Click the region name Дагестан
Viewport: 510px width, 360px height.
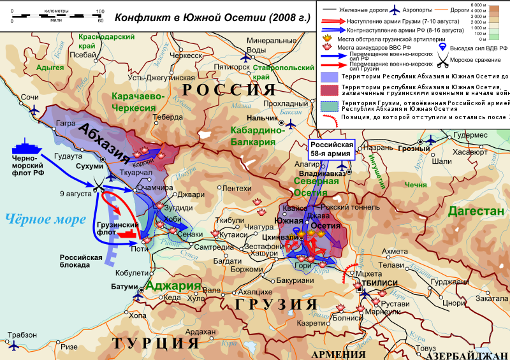[474, 211]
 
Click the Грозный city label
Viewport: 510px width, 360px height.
[411, 148]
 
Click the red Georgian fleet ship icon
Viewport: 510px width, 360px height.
[128, 235]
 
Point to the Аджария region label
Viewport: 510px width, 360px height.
[173, 285]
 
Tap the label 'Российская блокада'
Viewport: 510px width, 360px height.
[81, 261]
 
